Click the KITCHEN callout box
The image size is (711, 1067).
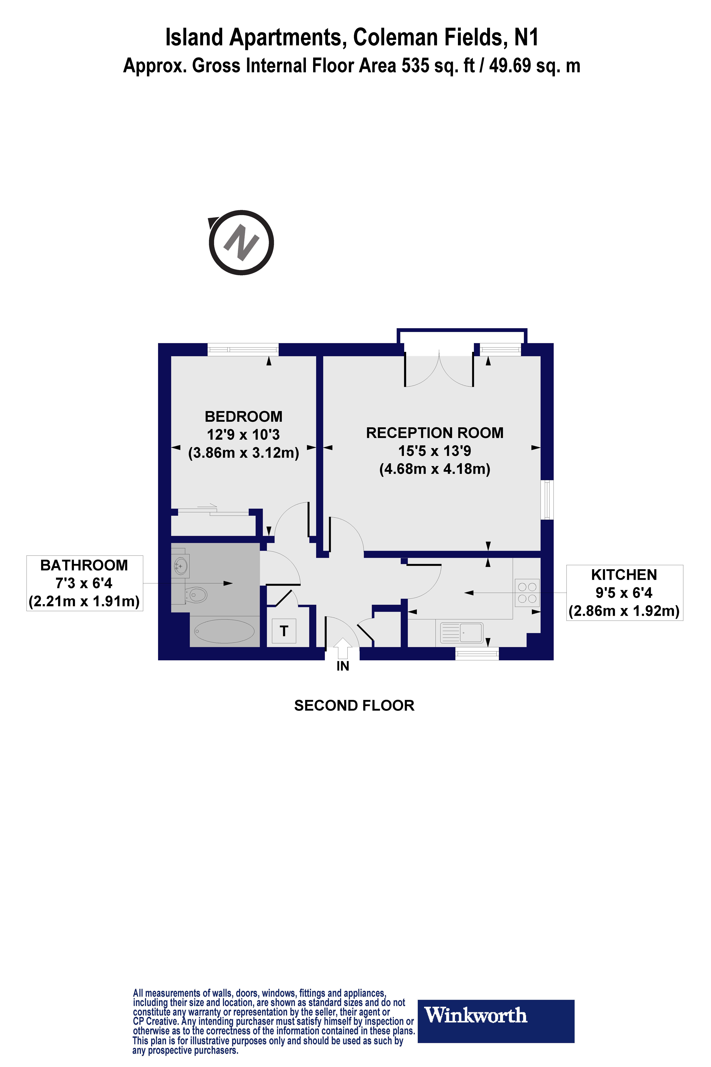tap(624, 593)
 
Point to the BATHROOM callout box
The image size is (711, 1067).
tap(84, 583)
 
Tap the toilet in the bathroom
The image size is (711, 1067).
tap(197, 594)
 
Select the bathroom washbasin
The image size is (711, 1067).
tap(181, 566)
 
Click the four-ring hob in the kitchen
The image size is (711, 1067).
tap(527, 593)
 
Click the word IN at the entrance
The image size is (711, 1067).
tap(343, 666)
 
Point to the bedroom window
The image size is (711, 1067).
tap(243, 350)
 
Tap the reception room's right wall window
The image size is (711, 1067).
tap(548, 500)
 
